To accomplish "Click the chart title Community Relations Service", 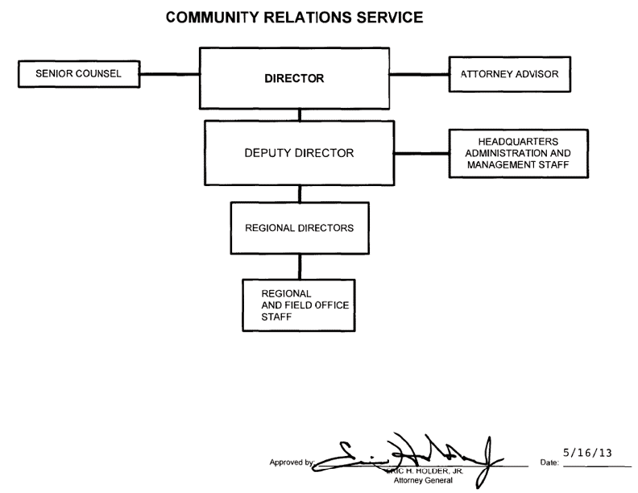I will pyautogui.click(x=294, y=19).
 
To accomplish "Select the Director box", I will pyautogui.click(x=294, y=79).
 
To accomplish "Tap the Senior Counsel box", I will pyautogui.click(x=79, y=74).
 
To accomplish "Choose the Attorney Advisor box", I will pyautogui.click(x=509, y=74).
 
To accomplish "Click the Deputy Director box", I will pyautogui.click(x=299, y=153).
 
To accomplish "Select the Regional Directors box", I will pyautogui.click(x=299, y=228).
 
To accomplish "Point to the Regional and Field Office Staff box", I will pyautogui.click(x=299, y=303).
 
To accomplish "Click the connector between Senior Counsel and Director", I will pyautogui.click(x=171, y=75).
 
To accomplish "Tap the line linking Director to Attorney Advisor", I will pyautogui.click(x=419, y=75).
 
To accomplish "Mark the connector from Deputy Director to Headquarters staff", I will pyautogui.click(x=421, y=153).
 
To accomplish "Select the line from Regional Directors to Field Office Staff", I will pyautogui.click(x=300, y=266).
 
